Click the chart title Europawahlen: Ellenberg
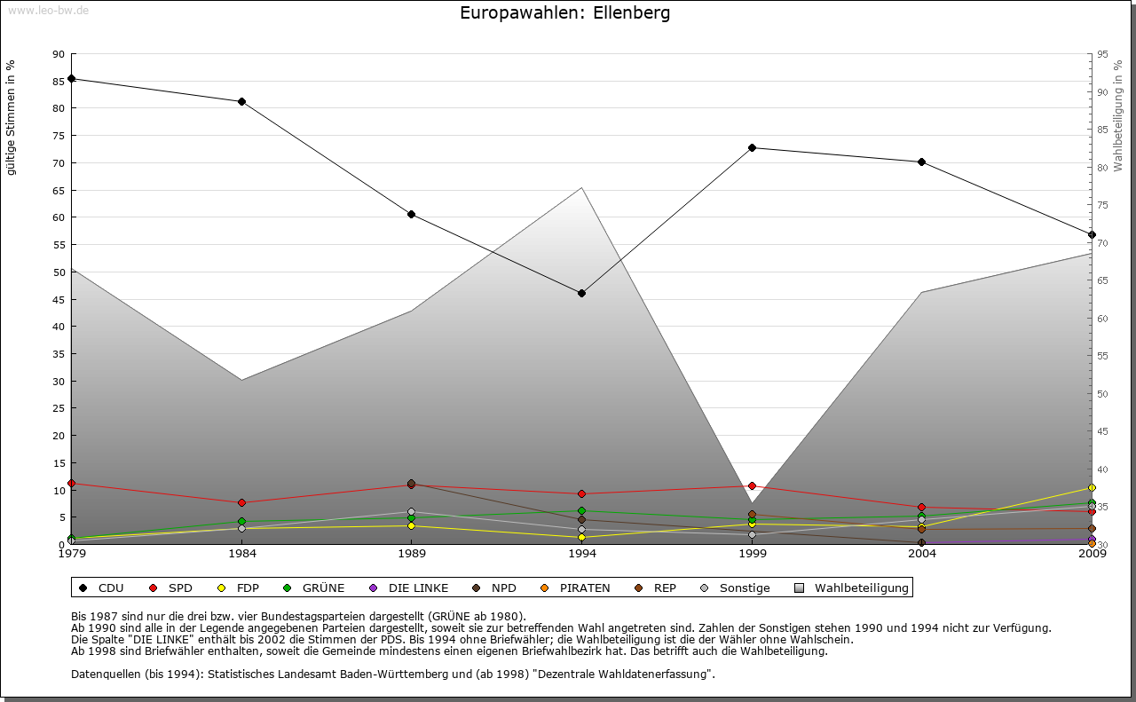click(x=565, y=13)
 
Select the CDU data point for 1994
click(x=581, y=293)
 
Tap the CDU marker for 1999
click(x=752, y=147)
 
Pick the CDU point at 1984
click(x=241, y=101)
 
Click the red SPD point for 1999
click(x=752, y=485)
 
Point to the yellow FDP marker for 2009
click(x=1092, y=487)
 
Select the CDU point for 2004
click(x=922, y=162)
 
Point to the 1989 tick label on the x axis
click(x=412, y=555)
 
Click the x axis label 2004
click(x=922, y=555)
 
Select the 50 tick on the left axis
click(x=59, y=272)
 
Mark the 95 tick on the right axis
click(x=1102, y=54)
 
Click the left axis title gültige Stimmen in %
click(x=12, y=117)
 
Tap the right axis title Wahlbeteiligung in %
click(x=1118, y=116)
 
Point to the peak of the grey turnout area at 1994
click(x=581, y=187)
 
